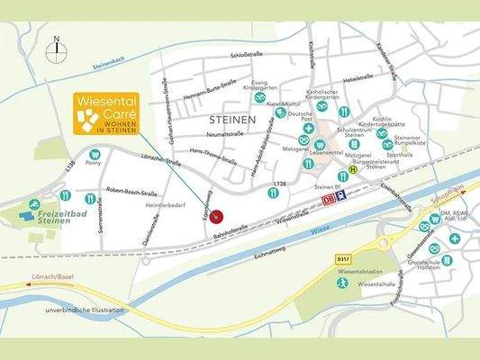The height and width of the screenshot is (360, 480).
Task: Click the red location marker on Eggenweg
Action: [x=216, y=226]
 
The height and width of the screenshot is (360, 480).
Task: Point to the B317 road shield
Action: [x=343, y=258]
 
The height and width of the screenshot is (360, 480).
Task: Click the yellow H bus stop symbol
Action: [x=354, y=169]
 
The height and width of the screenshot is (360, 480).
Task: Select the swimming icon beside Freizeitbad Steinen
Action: [x=33, y=204]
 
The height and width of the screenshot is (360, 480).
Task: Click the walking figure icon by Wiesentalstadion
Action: [x=342, y=282]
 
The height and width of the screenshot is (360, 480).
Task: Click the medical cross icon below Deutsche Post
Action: [x=308, y=129]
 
